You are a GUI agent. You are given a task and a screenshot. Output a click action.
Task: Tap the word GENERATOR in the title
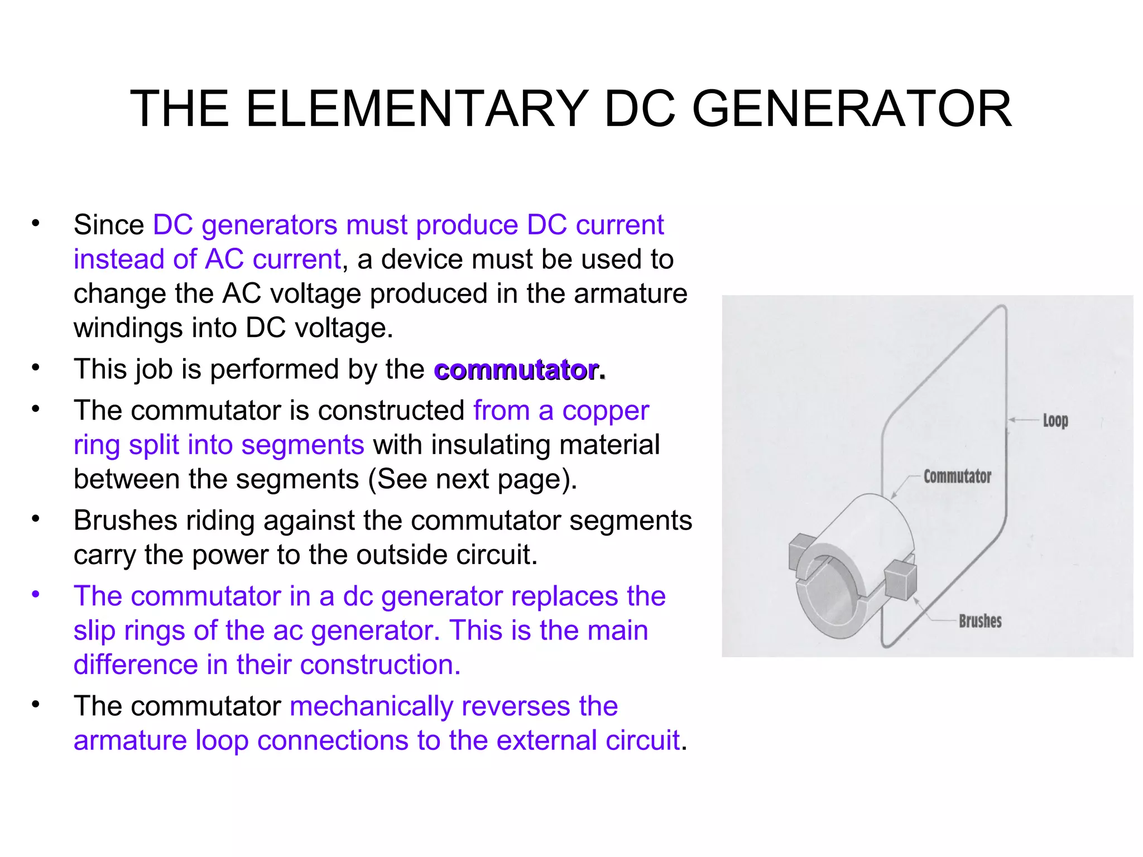click(852, 109)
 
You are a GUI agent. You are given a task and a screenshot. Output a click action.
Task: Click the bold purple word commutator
click(517, 370)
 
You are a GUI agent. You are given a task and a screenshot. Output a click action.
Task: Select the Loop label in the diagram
click(1055, 420)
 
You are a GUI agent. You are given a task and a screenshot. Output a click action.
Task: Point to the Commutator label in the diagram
click(957, 476)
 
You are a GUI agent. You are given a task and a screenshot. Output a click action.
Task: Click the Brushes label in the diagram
click(980, 621)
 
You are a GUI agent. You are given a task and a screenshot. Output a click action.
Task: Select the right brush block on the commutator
click(900, 580)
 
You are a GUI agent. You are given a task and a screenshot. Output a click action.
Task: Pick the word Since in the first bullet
click(109, 225)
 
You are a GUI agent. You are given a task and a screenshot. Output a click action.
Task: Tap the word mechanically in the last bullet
click(371, 706)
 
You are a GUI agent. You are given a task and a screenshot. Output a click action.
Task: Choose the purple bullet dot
click(36, 594)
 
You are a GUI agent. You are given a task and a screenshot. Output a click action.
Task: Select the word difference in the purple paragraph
click(136, 665)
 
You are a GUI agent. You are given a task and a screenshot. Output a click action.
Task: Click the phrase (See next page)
click(473, 479)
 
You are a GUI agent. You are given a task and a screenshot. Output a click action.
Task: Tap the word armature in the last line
click(130, 740)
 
